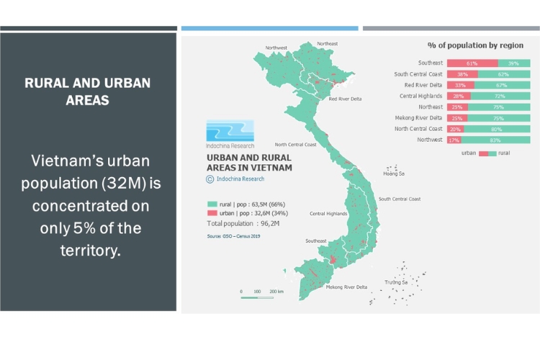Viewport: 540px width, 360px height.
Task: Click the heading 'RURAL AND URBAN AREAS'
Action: click(x=88, y=91)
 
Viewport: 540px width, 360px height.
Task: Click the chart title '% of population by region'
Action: click(x=475, y=45)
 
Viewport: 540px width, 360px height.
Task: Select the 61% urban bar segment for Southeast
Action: click(x=472, y=63)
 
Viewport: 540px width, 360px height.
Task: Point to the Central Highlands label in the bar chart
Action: click(x=421, y=96)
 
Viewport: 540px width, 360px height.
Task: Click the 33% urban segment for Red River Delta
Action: click(x=460, y=85)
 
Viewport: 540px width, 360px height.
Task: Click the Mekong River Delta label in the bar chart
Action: click(x=418, y=118)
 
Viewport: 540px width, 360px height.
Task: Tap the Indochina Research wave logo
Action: click(x=230, y=130)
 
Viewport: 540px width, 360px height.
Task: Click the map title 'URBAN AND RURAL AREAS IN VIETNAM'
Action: click(x=249, y=163)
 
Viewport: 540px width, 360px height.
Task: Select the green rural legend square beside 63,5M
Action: click(x=212, y=204)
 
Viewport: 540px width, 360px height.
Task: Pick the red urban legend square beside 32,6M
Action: click(x=212, y=214)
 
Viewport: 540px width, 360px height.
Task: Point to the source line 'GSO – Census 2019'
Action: click(x=234, y=235)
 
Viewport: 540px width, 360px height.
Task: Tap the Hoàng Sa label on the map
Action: click(x=394, y=174)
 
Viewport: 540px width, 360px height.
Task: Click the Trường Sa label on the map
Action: click(x=396, y=282)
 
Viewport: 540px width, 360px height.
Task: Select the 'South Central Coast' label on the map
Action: click(x=400, y=199)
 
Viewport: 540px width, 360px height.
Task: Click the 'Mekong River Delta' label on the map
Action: click(x=346, y=287)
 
